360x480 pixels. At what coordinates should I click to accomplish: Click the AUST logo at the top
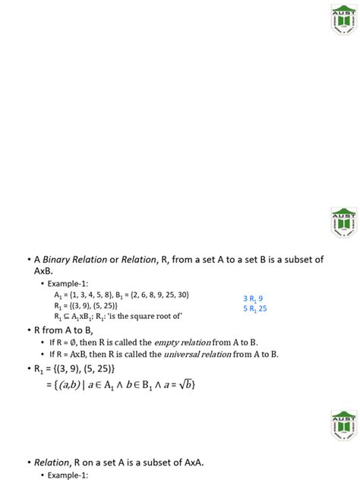point(343,18)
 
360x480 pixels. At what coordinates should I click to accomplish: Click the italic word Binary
point(62,260)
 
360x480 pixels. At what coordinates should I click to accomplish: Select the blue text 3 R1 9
point(253,298)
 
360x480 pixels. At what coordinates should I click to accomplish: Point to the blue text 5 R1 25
point(254,309)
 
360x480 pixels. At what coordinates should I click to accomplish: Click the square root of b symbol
point(185,386)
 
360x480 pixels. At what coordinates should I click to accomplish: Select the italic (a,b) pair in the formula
point(62,386)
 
